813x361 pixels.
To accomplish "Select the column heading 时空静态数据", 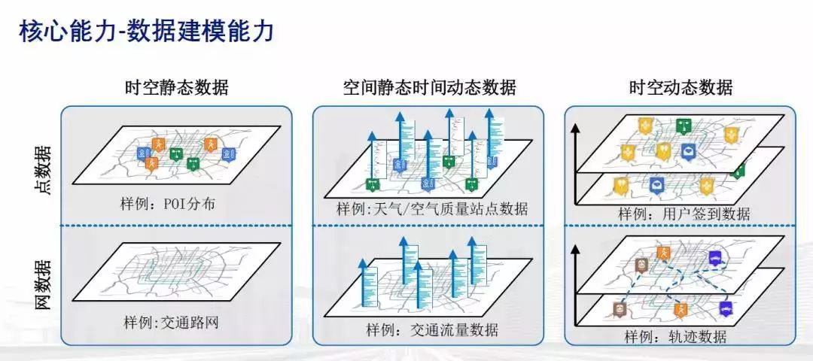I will tap(176, 87).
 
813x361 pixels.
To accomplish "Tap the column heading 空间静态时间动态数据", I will tap(429, 87).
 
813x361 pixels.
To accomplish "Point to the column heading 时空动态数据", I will tap(681, 87).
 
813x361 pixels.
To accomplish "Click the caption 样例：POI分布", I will tap(172, 205).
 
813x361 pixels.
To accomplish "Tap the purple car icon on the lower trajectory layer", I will tap(726, 308).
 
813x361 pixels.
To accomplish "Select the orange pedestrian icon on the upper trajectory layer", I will tap(662, 253).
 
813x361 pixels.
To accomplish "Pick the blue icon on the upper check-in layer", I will tap(688, 152).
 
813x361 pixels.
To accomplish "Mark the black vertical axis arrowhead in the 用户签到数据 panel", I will tap(576, 128).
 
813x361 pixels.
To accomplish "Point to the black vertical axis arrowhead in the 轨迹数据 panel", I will tap(576, 246).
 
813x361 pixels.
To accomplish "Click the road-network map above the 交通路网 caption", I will tap(177, 272).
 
